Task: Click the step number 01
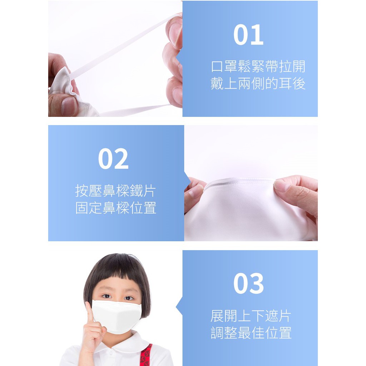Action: pyautogui.click(x=248, y=35)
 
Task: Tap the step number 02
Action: pyautogui.click(x=113, y=158)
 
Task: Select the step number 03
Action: pyautogui.click(x=249, y=283)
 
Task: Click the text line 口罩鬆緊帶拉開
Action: pyautogui.click(x=258, y=66)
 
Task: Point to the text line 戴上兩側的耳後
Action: pyautogui.click(x=258, y=84)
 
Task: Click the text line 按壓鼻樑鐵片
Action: pyautogui.click(x=115, y=191)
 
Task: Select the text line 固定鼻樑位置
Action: pyautogui.click(x=115, y=208)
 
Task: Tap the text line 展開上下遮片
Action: pyautogui.click(x=251, y=316)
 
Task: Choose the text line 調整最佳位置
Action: pyautogui.click(x=251, y=333)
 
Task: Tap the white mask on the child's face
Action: pyautogui.click(x=117, y=316)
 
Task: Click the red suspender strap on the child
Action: pyautogui.click(x=146, y=355)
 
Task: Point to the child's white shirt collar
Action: pyautogui.click(x=122, y=343)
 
